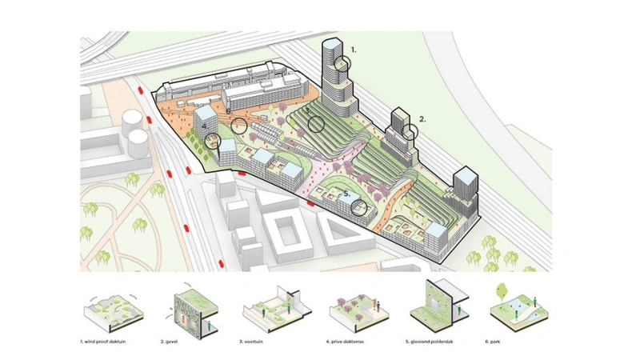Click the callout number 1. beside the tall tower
click(354, 49)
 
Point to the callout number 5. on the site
click(346, 194)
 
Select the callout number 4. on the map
click(205, 126)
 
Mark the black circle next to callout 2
click(410, 130)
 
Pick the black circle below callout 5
click(360, 207)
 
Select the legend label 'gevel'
click(173, 341)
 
